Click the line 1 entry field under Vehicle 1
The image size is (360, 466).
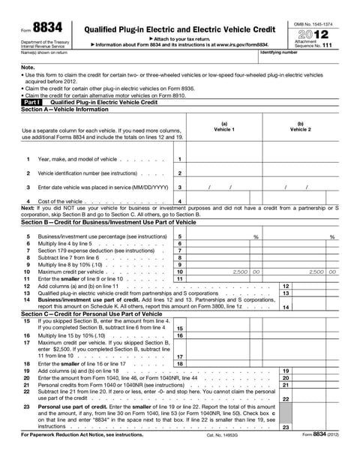point(224,159)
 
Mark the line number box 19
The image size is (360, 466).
point(286,371)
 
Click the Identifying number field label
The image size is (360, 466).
point(279,53)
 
